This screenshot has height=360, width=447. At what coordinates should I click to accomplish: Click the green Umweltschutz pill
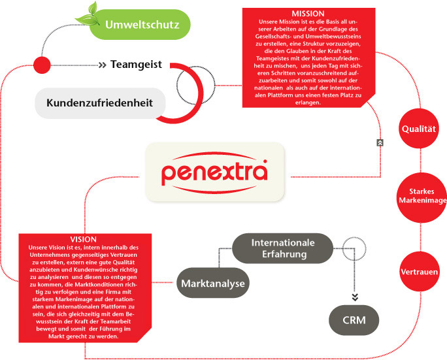[x=140, y=25]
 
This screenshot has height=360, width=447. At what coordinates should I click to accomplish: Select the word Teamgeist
[x=136, y=65]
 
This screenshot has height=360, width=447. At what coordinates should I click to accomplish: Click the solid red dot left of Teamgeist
[x=42, y=65]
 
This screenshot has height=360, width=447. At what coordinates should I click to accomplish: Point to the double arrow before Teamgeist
[x=103, y=65]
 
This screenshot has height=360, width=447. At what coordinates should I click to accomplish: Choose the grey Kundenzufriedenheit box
[x=100, y=103]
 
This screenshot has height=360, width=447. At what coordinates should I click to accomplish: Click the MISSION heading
[x=308, y=14]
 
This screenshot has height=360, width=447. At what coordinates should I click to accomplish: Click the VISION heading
[x=83, y=239]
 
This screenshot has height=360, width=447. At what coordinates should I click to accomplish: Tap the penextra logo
[x=214, y=172]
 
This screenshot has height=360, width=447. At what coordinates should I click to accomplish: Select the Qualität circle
[x=419, y=129]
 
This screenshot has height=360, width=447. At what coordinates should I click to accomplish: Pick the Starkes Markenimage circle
[x=422, y=197]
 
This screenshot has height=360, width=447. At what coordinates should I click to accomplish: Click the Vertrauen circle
[x=419, y=272]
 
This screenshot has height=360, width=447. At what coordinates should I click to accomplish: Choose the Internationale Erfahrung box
[x=283, y=248]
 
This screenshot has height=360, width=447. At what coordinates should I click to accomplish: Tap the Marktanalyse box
[x=213, y=283]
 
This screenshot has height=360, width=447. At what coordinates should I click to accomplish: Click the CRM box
[x=354, y=319]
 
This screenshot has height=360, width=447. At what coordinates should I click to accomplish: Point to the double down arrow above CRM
[x=355, y=297]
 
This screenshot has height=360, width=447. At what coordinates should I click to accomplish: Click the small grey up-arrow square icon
[x=380, y=143]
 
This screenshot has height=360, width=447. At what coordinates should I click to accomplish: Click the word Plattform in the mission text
[x=280, y=95]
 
